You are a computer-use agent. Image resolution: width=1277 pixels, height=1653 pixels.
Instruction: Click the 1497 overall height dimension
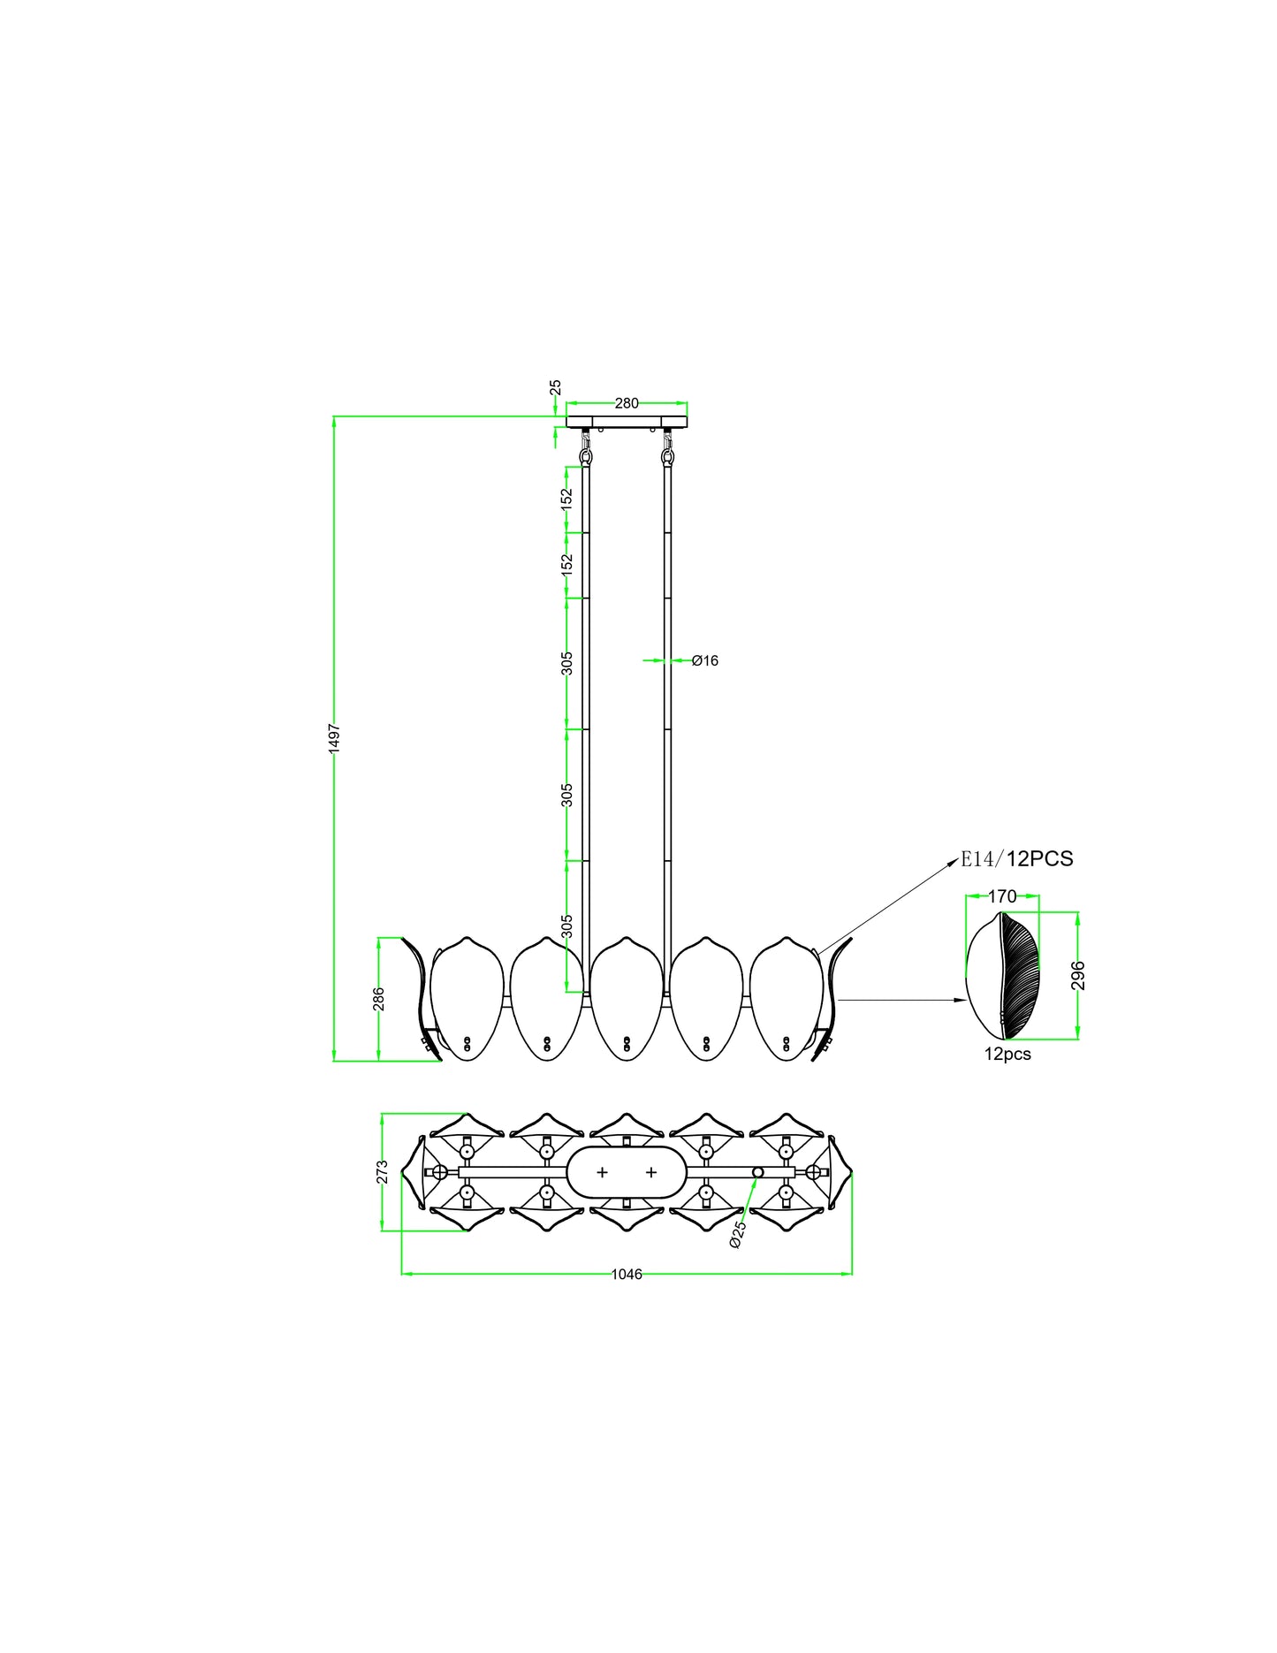334,738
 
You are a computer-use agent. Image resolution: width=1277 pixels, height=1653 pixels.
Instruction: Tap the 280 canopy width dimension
627,403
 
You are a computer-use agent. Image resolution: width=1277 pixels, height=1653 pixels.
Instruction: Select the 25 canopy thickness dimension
555,387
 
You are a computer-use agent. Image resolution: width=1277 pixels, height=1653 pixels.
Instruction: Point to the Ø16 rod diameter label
705,660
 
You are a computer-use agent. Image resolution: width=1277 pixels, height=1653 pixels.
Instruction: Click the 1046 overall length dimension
627,1274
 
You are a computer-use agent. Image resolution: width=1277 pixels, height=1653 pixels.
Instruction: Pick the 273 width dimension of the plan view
382,1171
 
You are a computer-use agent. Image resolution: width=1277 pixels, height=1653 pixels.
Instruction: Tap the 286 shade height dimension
378,999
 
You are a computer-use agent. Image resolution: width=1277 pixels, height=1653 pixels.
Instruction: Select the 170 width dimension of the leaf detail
1002,896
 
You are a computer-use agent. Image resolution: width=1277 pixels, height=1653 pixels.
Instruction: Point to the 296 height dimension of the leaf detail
1077,976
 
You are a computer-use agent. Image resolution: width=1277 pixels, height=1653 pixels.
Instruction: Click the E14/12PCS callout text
1017,858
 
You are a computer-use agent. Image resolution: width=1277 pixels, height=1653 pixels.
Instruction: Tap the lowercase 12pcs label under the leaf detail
1007,1054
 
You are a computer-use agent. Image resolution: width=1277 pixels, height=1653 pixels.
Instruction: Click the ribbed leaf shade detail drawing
1004,976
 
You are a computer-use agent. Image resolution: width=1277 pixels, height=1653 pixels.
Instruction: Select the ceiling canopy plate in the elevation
627,422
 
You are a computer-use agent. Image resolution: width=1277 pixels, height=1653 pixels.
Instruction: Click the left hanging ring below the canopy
585,456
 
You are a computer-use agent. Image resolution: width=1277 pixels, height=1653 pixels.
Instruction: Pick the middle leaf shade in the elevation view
627,999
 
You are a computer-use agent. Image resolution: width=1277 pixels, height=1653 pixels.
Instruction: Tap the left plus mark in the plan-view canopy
603,1172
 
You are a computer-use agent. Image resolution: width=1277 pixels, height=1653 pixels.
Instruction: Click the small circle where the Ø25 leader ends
757,1172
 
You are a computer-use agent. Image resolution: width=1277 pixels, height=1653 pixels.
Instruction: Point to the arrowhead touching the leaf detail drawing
961,1000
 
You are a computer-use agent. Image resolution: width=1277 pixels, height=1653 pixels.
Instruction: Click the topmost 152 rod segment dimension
567,498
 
